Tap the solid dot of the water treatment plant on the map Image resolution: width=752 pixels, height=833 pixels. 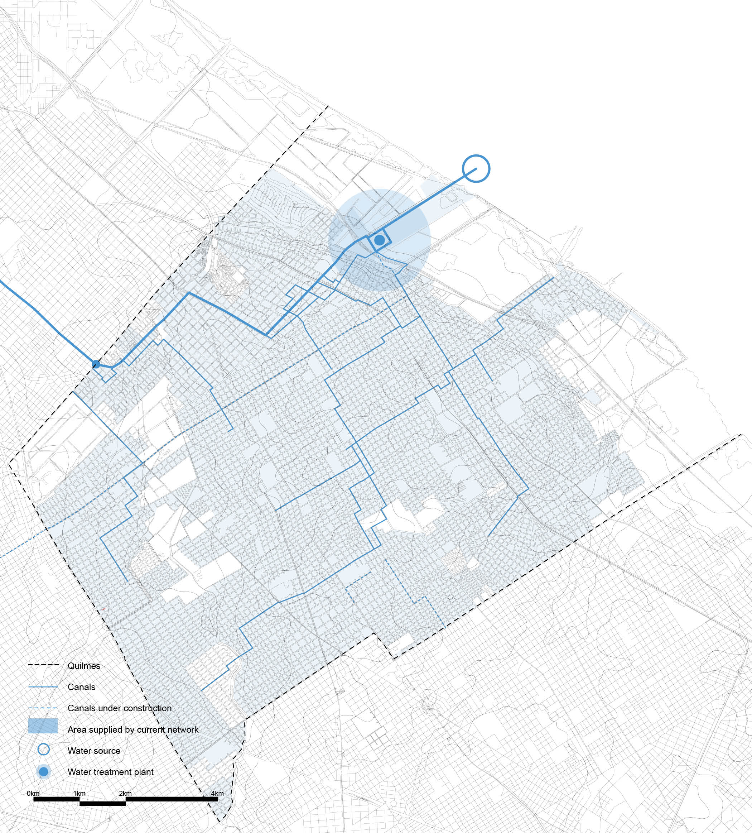tap(379, 240)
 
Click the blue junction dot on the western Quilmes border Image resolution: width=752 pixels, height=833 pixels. tap(96, 364)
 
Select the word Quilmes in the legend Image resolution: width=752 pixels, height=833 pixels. tap(84, 666)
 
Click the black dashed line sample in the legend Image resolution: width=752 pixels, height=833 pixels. tap(43, 665)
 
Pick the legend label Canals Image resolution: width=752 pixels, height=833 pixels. tap(81, 687)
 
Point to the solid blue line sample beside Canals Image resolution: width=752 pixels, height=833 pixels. tap(43, 687)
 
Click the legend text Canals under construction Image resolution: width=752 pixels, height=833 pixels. tap(119, 708)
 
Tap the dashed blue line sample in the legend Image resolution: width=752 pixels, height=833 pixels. tap(43, 708)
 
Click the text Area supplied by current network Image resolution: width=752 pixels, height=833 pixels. tap(133, 729)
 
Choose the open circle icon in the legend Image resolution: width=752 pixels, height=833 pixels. tap(43, 750)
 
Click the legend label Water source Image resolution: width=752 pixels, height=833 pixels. tap(94, 750)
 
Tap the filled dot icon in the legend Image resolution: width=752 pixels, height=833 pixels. tap(43, 771)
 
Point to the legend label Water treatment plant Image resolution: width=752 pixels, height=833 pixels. tap(110, 771)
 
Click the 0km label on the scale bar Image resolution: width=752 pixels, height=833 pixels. tap(33, 793)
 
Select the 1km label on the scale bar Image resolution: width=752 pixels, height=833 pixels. tap(79, 793)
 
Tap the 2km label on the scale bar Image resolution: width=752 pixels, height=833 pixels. tap(125, 793)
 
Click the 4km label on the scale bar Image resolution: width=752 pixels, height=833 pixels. tap(217, 793)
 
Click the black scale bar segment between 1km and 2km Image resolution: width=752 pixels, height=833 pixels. tap(102, 804)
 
